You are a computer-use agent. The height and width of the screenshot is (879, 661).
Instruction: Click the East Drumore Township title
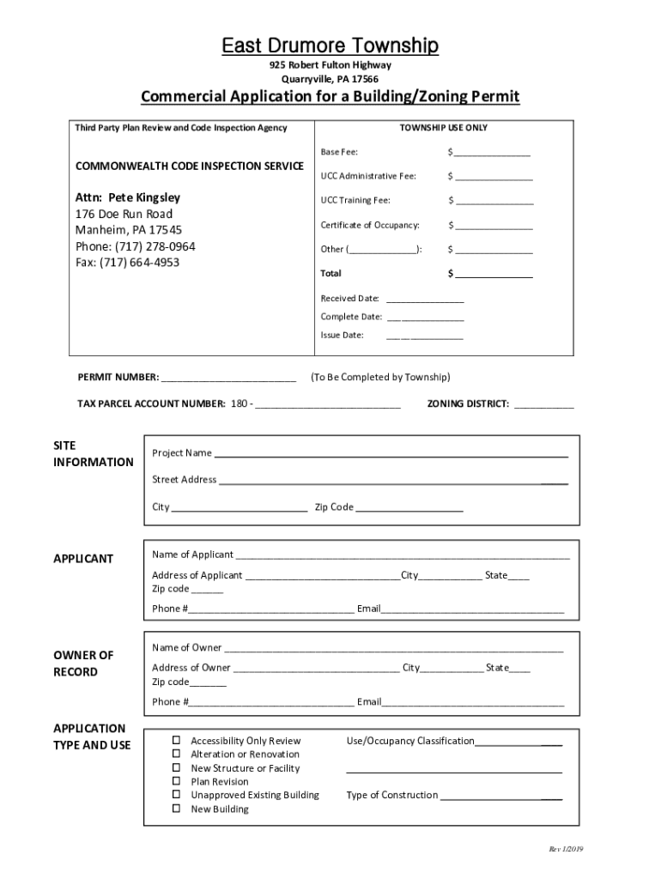coord(330,45)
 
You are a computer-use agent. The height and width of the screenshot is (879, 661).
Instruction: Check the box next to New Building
coord(176,809)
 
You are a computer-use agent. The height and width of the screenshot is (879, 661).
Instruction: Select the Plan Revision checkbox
coord(176,781)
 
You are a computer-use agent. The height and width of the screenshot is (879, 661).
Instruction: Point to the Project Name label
coord(182,453)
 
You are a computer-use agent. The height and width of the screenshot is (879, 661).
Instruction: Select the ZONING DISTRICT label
coord(468,403)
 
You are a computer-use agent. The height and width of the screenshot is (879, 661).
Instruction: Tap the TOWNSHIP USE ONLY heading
coord(443,128)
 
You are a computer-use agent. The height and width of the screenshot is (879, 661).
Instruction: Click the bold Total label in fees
coord(331,273)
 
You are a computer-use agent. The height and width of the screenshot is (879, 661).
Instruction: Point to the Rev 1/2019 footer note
coord(566,849)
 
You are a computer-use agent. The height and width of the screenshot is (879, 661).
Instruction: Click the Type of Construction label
coord(391,795)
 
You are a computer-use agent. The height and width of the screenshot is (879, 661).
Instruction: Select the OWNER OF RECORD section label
coord(83,664)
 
